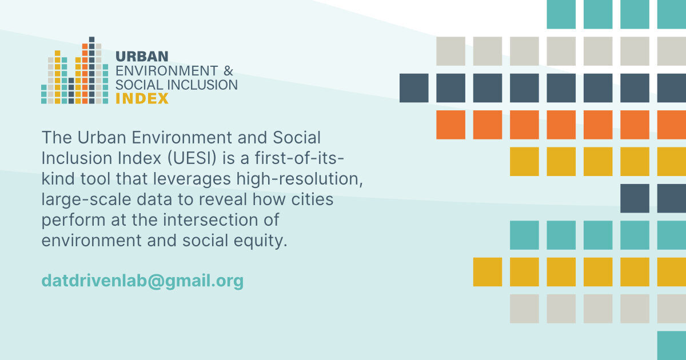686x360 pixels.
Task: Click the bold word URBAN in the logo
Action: pos(142,57)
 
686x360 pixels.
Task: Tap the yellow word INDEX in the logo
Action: pos(142,98)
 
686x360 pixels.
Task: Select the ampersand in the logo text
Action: pos(228,71)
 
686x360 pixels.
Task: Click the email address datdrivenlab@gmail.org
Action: pos(142,281)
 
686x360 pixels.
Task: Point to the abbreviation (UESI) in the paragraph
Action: pos(192,158)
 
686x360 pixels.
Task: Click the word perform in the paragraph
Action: pos(74,220)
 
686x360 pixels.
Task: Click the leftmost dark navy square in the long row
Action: pos(414,88)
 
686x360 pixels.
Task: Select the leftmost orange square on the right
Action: pos(450,125)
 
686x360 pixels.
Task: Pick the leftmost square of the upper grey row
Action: pos(450,51)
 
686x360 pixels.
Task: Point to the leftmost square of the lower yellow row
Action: pos(487,272)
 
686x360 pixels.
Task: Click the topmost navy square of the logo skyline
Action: pos(91,39)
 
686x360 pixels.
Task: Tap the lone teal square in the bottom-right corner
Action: pos(672,345)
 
